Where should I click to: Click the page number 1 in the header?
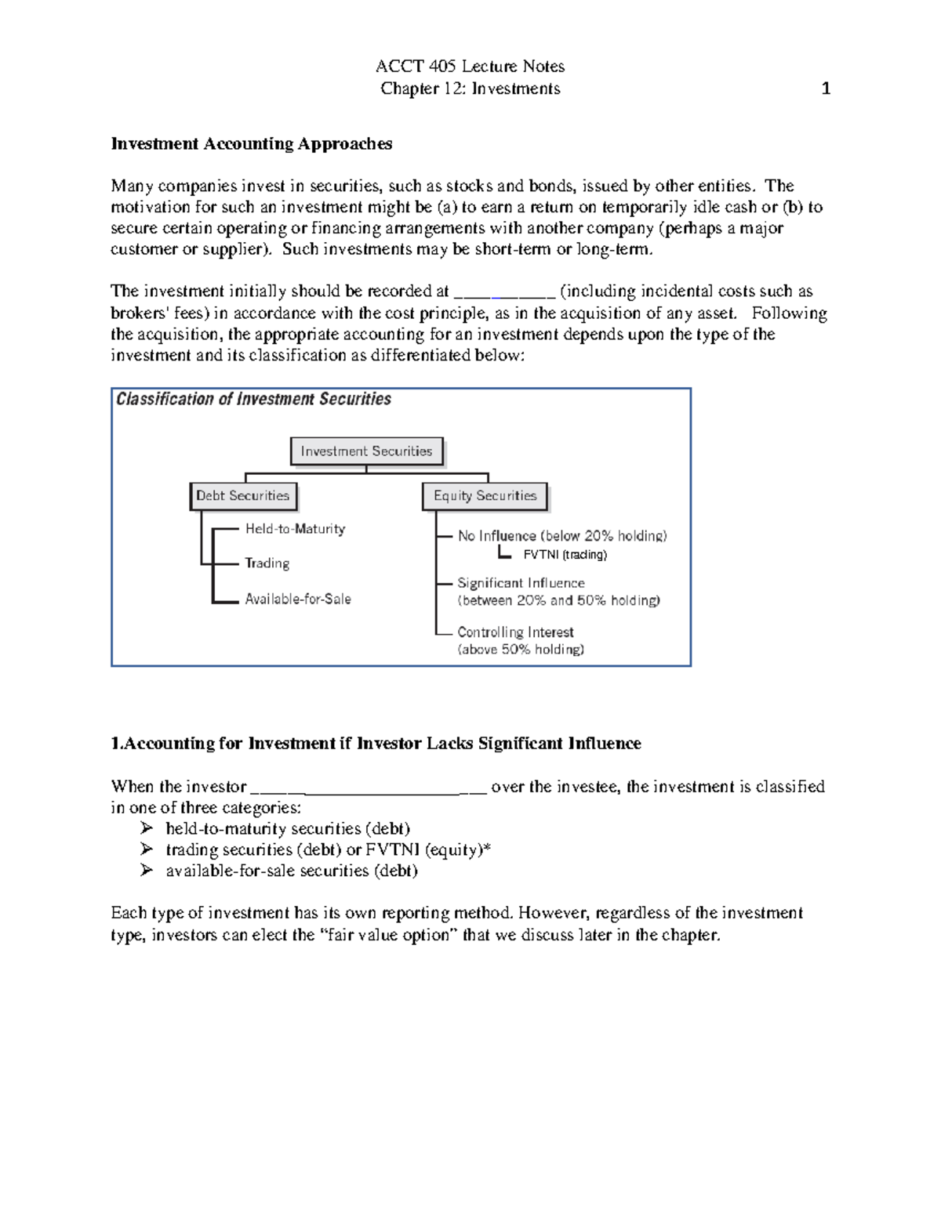(825, 89)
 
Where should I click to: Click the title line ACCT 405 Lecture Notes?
(470, 66)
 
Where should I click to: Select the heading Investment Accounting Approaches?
(251, 143)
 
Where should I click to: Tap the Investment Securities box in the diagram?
(366, 451)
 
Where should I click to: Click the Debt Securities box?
(243, 496)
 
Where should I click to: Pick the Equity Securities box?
(485, 496)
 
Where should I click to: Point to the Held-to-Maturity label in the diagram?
(295, 529)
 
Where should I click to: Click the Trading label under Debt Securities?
(267, 563)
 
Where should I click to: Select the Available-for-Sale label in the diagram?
(298, 599)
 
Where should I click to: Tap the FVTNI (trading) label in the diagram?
(565, 555)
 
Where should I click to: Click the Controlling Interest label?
(515, 632)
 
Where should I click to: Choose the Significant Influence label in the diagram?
(521, 583)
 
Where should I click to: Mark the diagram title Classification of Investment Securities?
(253, 399)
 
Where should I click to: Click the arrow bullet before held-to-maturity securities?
(147, 828)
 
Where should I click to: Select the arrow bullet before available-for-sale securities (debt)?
(147, 871)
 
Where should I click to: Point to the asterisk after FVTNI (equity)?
(487, 848)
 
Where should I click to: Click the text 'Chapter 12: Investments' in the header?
(470, 89)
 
